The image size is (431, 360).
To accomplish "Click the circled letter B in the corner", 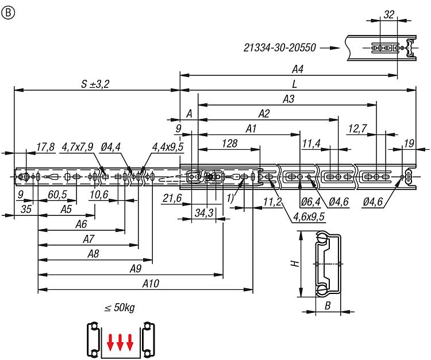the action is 8,13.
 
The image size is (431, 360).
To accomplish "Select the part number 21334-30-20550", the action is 279,48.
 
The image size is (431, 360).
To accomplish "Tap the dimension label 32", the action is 388,14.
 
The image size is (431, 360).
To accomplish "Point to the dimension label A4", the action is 298,69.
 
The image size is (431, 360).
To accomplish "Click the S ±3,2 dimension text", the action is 95,84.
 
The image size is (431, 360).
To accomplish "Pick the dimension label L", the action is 295,84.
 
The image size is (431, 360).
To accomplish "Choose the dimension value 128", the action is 229,144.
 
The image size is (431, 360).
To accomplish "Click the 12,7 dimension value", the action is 357,129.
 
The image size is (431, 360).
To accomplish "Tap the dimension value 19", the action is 409,144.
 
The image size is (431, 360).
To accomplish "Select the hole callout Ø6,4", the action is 310,202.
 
